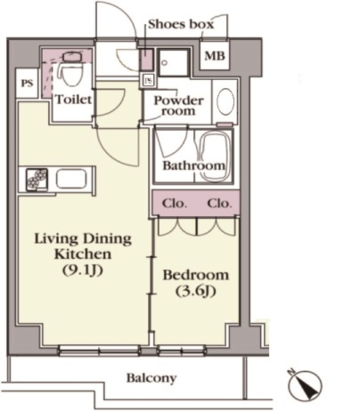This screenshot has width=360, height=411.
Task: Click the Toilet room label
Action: pos(73,100)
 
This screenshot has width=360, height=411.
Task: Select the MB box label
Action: pos(215,56)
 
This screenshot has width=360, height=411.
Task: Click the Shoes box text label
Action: pos(181,24)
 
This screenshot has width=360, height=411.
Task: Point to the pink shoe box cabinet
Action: pos(147,59)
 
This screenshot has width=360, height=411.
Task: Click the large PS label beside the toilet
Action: pos(27,83)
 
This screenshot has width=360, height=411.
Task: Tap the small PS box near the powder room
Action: pos(148,80)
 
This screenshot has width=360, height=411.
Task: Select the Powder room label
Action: pos(179,105)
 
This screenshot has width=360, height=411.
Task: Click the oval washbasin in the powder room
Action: pos(226,101)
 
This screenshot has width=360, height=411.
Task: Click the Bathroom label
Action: pos(194,166)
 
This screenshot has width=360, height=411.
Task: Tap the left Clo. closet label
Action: pos(174,204)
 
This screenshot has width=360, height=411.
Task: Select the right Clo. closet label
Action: pos(219,204)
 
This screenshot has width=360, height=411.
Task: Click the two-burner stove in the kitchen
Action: pos(37,180)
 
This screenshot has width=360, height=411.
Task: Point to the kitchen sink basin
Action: pos(71,179)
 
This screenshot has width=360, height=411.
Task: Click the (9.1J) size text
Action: pos(82,270)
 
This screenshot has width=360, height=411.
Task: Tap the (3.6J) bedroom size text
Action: pos(195,291)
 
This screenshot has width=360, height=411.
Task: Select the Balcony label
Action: pos(152,378)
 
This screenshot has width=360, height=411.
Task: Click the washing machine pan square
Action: pos(174,63)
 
